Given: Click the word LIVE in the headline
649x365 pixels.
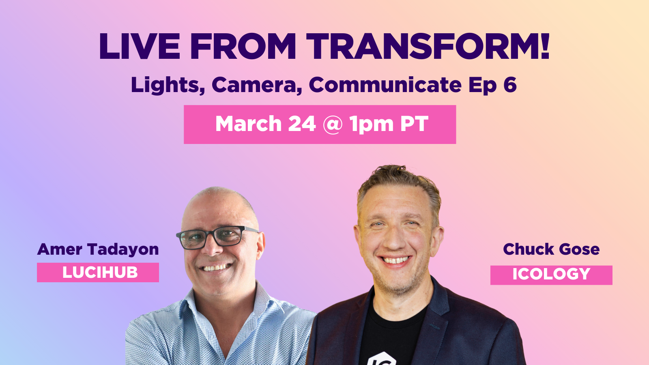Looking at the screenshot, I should [139, 47].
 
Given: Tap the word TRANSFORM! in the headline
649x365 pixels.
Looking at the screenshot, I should [428, 47].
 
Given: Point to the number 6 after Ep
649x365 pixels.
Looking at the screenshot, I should [510, 85].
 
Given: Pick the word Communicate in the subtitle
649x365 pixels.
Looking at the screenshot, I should [385, 85].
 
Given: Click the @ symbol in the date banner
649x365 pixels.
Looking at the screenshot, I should [333, 125].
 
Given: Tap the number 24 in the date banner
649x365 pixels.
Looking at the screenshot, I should [302, 124].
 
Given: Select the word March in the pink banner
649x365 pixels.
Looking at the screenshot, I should [248, 124].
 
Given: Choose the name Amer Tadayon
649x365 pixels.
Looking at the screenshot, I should [98, 249].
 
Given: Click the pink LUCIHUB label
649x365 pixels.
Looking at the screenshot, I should [98, 273].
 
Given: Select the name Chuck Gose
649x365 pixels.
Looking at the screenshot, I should [551, 249].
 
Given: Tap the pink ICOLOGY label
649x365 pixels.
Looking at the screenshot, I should [551, 275].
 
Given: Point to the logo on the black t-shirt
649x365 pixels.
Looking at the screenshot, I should [381, 359].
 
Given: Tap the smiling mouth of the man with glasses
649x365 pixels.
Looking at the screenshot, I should [217, 268].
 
